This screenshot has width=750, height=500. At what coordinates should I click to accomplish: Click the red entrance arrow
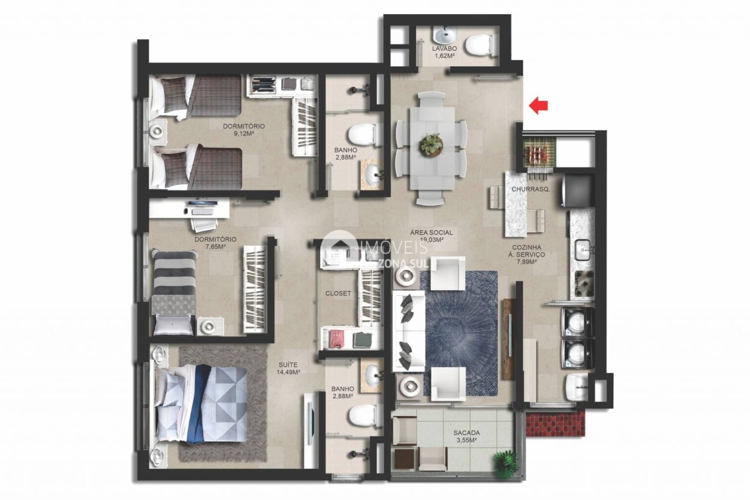point(538,105)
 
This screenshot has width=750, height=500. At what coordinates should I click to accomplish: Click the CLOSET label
point(338,294)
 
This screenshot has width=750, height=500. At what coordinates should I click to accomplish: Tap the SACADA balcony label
point(466,433)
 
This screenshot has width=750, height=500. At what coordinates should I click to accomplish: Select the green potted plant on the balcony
point(504,462)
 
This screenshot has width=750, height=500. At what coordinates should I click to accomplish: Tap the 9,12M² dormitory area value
point(244,133)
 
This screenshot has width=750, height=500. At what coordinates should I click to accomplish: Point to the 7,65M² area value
point(215,246)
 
